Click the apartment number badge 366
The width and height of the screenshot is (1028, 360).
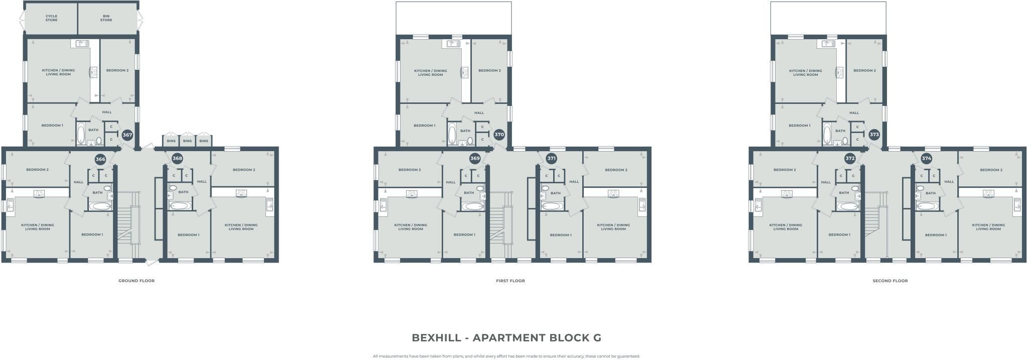(x=100, y=159)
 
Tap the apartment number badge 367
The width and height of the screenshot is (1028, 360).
(x=127, y=135)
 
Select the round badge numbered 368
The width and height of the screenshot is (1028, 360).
(x=177, y=159)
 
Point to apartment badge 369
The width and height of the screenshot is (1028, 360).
(x=475, y=159)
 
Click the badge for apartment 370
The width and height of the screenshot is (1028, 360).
(x=499, y=135)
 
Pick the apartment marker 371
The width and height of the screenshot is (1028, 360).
(x=552, y=159)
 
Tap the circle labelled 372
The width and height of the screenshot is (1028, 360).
(x=850, y=159)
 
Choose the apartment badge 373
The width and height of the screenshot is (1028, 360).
(x=874, y=135)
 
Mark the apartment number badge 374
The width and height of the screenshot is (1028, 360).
(x=927, y=159)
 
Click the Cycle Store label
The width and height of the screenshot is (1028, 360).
(x=51, y=18)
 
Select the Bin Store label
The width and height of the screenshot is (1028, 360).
(x=106, y=18)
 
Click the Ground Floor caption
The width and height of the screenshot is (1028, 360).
(x=137, y=281)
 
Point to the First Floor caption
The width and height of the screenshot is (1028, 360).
(x=510, y=281)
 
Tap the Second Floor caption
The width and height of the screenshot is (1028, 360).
(x=890, y=281)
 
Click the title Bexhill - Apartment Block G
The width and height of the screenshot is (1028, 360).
(x=506, y=338)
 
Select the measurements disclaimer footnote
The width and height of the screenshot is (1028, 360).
(x=506, y=356)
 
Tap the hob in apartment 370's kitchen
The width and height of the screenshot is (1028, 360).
(x=465, y=72)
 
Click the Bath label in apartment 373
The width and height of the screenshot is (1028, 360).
(x=840, y=131)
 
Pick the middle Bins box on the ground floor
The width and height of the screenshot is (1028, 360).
(x=187, y=141)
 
